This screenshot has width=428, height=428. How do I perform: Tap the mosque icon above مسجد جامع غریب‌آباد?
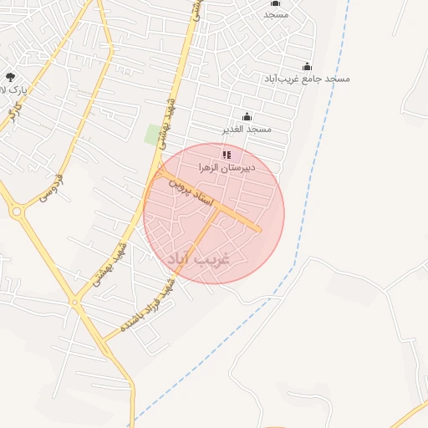(307, 67)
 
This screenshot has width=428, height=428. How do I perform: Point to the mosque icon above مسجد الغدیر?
(247, 117)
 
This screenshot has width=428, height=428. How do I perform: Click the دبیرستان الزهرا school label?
(227, 167)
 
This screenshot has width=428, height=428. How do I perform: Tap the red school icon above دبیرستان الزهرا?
(227, 155)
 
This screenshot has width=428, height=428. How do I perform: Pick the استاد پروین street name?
(192, 193)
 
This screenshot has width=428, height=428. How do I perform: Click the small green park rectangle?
(153, 133)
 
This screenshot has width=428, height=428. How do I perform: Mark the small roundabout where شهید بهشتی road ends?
(74, 300)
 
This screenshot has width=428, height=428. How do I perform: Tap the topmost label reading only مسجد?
(276, 14)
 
